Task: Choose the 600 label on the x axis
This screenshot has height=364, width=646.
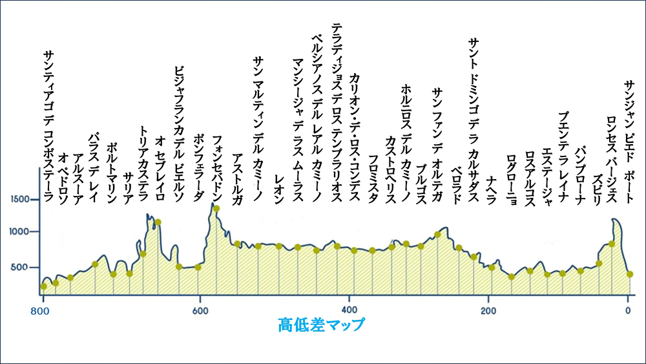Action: tap(200, 310)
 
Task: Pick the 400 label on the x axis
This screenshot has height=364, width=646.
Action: tap(349, 310)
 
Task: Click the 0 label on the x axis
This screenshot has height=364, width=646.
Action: tap(629, 310)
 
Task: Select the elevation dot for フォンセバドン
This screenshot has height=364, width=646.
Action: tap(216, 208)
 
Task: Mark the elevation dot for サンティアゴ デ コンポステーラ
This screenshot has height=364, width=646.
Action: tap(43, 286)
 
